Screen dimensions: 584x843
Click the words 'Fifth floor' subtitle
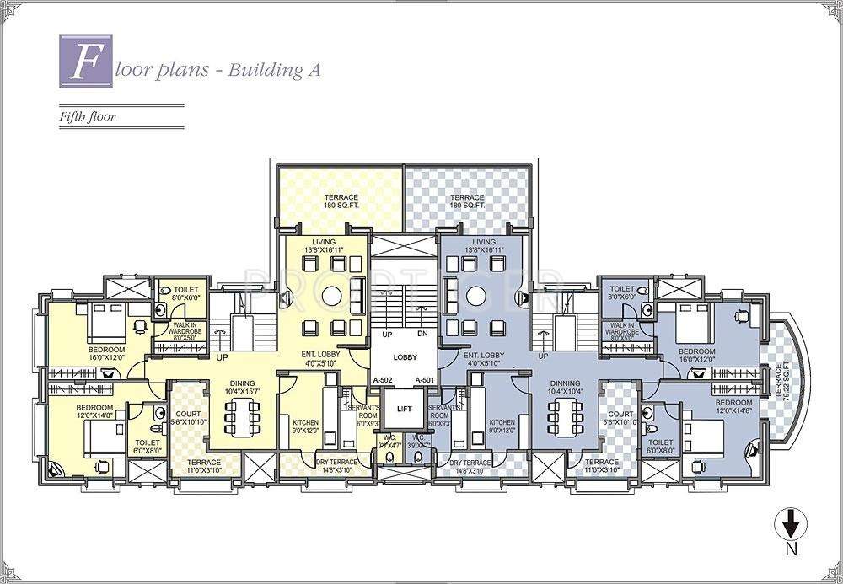coord(87,117)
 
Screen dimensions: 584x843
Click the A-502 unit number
coord(384,380)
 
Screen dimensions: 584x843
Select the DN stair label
coord(424,335)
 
